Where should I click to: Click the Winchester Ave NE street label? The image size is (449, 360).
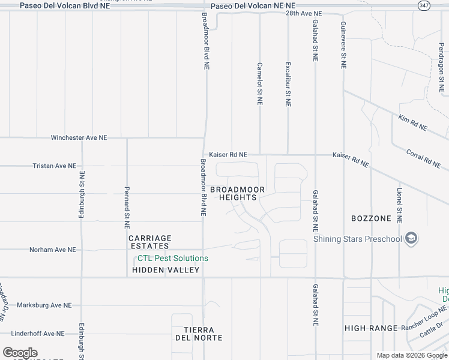point(79,137)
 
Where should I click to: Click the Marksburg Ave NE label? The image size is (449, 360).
point(44,305)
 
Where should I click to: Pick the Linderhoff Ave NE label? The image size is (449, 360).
point(45,334)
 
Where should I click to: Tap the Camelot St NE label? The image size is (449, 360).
point(260,84)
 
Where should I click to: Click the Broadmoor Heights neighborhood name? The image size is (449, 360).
point(238,193)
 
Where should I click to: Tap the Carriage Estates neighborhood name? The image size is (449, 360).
point(150,242)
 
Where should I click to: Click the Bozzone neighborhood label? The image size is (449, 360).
point(372,218)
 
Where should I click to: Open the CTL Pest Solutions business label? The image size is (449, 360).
point(173,259)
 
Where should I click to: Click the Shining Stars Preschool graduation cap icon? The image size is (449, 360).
point(411,239)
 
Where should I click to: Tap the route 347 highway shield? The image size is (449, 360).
point(423,5)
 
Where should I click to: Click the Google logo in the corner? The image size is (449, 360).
point(20,353)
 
